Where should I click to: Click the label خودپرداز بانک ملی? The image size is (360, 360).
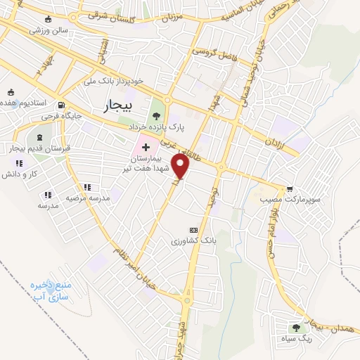point(113,81)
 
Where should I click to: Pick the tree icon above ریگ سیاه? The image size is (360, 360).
point(296,327)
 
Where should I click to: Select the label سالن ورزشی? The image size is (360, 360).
point(41,31)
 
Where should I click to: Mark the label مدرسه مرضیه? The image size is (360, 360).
point(89,198)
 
